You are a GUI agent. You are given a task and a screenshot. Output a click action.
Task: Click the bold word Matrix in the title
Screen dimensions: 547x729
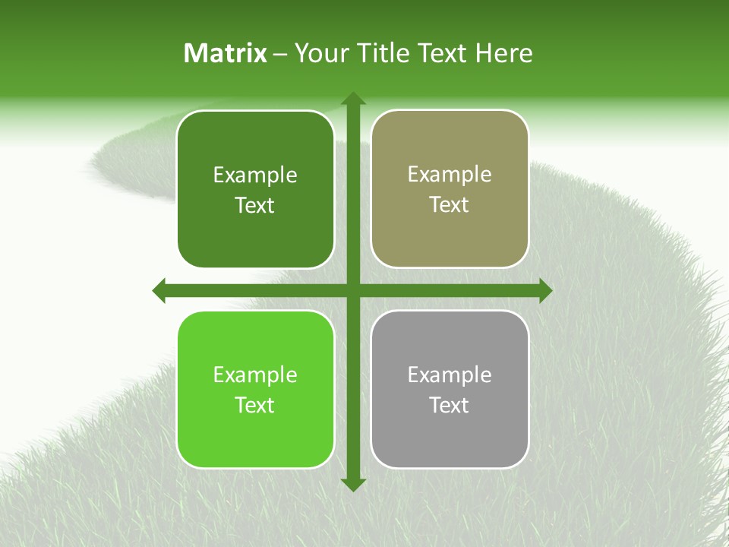[226, 53]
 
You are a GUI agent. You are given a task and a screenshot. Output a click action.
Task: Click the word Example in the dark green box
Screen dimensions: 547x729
[255, 175]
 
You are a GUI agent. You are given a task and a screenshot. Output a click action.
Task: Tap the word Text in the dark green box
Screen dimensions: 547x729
[255, 205]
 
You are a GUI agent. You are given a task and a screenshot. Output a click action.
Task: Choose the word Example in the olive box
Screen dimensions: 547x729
[450, 175]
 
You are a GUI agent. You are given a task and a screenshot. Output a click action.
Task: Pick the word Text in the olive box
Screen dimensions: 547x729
[450, 204]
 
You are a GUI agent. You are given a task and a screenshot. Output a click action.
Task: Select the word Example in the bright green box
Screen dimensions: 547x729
[255, 375]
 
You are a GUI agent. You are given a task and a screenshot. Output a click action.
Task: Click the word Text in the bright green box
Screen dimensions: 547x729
[255, 405]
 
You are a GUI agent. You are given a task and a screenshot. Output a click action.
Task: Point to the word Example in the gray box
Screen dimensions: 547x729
[450, 375]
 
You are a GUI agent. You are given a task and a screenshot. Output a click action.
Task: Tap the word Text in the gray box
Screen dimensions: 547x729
[450, 405]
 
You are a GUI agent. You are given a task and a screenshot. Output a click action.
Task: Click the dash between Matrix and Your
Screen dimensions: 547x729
[280, 54]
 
